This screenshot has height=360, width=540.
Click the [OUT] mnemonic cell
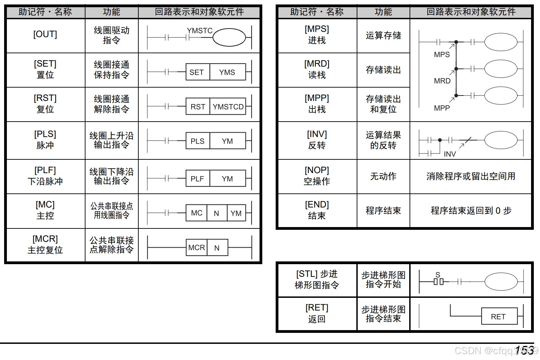click(x=45, y=34)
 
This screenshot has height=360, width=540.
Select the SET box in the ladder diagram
click(x=197, y=72)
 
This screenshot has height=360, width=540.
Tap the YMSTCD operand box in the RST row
click(x=228, y=107)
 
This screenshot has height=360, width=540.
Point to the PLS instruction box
click(x=197, y=141)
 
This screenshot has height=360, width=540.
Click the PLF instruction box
click(x=197, y=179)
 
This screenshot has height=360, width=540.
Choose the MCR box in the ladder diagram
click(x=196, y=248)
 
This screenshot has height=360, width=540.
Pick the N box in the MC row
click(x=216, y=213)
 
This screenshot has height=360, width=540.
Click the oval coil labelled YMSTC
click(x=229, y=37)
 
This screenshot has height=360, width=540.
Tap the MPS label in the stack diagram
click(x=442, y=55)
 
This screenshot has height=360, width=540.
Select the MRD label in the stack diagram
click(x=442, y=81)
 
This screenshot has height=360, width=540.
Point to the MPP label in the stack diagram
click(x=442, y=108)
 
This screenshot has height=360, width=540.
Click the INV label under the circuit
click(x=450, y=154)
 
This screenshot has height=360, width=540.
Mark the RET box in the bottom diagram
click(x=499, y=316)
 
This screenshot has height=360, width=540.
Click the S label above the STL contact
click(x=438, y=274)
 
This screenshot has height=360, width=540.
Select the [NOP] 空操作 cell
click(x=317, y=176)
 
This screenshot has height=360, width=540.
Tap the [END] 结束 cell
click(x=317, y=210)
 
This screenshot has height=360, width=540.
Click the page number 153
click(x=524, y=350)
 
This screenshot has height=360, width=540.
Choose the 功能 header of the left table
click(x=112, y=12)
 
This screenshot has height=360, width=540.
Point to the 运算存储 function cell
click(x=383, y=35)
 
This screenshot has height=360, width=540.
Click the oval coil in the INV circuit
click(x=501, y=140)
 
